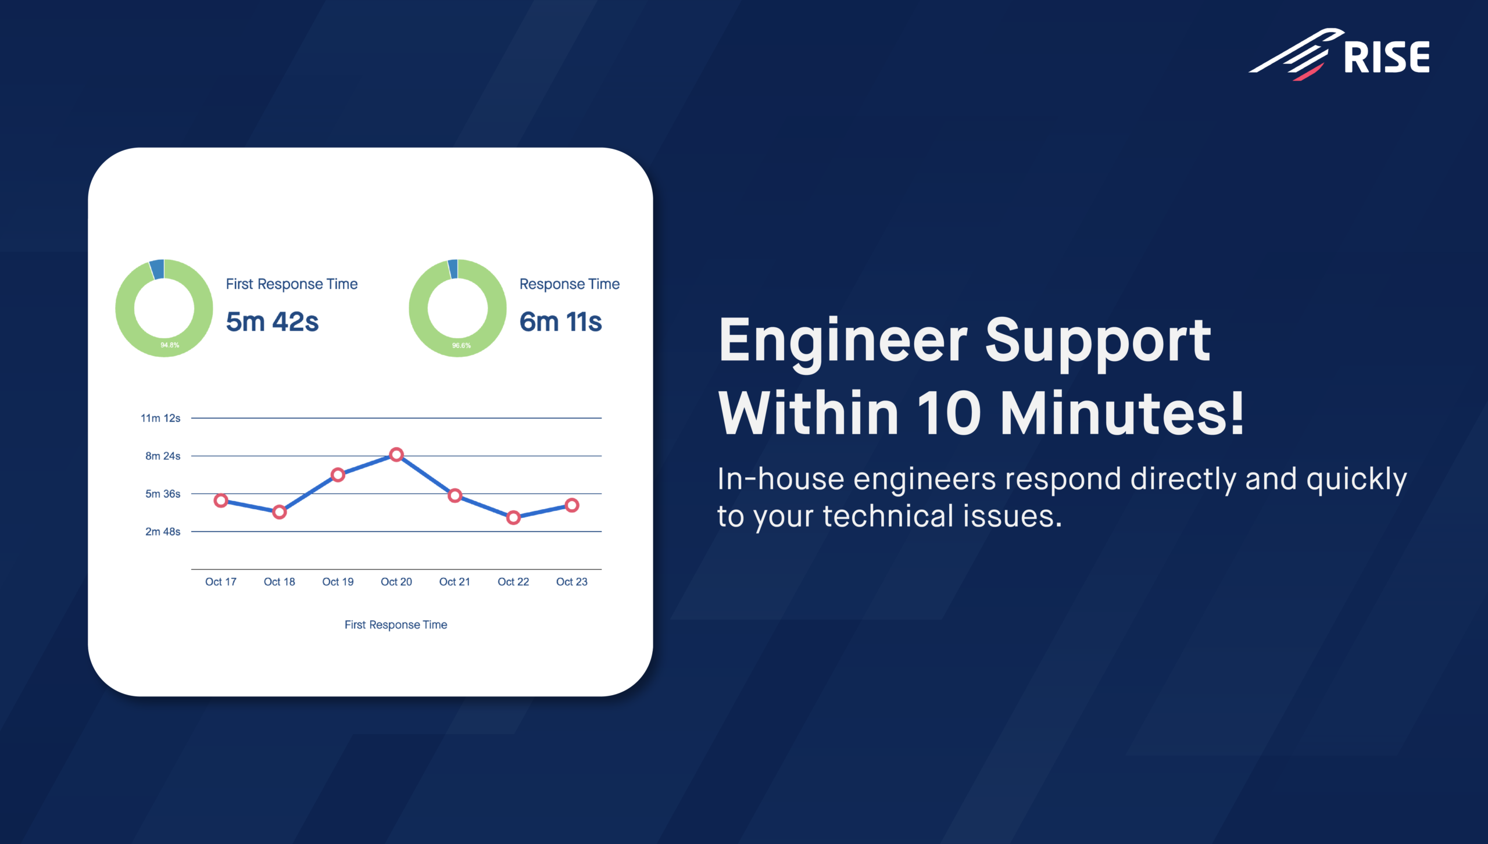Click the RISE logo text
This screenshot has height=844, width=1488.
click(x=1387, y=57)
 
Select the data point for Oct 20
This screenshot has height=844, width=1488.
click(x=396, y=455)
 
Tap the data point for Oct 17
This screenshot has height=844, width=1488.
click(x=221, y=500)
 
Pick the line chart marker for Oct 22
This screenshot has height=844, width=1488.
click(x=513, y=517)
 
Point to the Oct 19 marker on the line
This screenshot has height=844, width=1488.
click(x=338, y=475)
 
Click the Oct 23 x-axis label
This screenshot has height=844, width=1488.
click(x=572, y=582)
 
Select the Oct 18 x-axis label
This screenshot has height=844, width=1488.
click(x=280, y=582)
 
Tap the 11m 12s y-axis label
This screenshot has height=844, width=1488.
click(x=160, y=418)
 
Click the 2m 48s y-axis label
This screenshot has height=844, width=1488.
click(x=163, y=531)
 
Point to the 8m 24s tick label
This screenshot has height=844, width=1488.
click(x=163, y=456)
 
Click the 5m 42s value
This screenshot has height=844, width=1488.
click(x=272, y=321)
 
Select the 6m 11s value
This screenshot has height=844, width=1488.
click(x=560, y=321)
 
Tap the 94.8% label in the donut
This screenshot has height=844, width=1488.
click(x=170, y=345)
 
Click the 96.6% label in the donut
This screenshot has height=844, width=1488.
click(x=462, y=345)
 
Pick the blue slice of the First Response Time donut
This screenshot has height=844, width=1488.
click(x=157, y=269)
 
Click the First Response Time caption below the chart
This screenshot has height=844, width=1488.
click(x=396, y=625)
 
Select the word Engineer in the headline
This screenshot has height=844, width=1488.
click(x=843, y=343)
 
